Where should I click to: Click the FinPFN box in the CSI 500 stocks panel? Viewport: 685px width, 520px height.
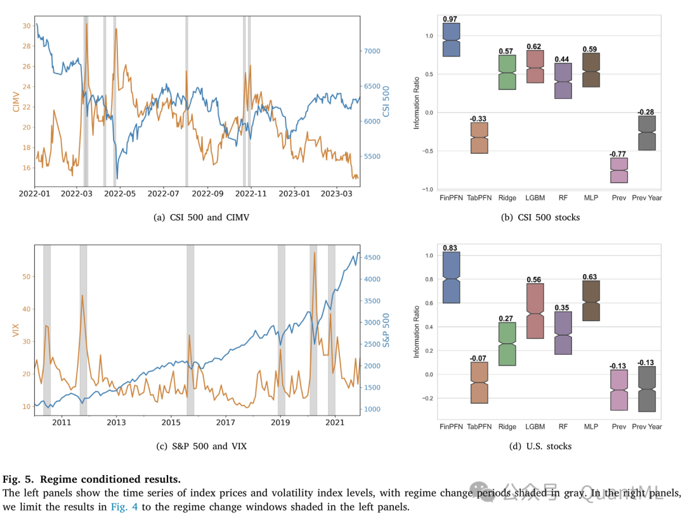(451, 40)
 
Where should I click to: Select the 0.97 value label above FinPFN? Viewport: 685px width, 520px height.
(450, 19)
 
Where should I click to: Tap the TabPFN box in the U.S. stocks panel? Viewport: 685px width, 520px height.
(480, 383)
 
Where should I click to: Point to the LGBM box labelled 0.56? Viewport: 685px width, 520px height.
(535, 311)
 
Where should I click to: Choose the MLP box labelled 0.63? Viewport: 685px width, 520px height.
(591, 301)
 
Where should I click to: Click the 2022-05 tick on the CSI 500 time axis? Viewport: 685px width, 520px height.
(121, 193)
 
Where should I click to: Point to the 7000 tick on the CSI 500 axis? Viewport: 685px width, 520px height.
(370, 51)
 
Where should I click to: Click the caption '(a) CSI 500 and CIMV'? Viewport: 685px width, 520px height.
(202, 217)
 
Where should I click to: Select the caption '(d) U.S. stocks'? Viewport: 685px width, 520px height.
(540, 446)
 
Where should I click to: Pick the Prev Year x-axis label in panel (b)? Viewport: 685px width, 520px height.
(647, 198)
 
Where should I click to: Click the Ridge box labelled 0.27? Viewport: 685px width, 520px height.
(507, 344)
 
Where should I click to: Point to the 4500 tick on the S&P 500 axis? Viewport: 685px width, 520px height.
(372, 257)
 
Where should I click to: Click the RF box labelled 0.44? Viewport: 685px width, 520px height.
(563, 80)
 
